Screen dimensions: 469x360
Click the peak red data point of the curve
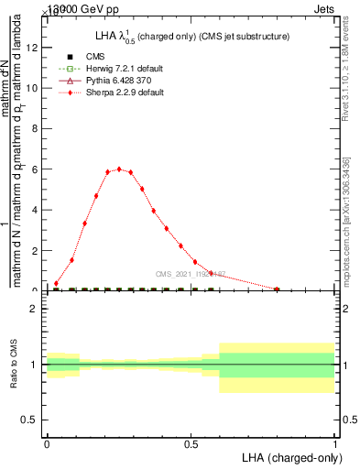(119, 169)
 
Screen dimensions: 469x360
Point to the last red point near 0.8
(277, 289)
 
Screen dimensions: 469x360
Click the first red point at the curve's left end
(56, 284)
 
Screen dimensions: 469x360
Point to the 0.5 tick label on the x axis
(191, 444)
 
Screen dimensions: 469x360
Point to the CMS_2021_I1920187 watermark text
(191, 274)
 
